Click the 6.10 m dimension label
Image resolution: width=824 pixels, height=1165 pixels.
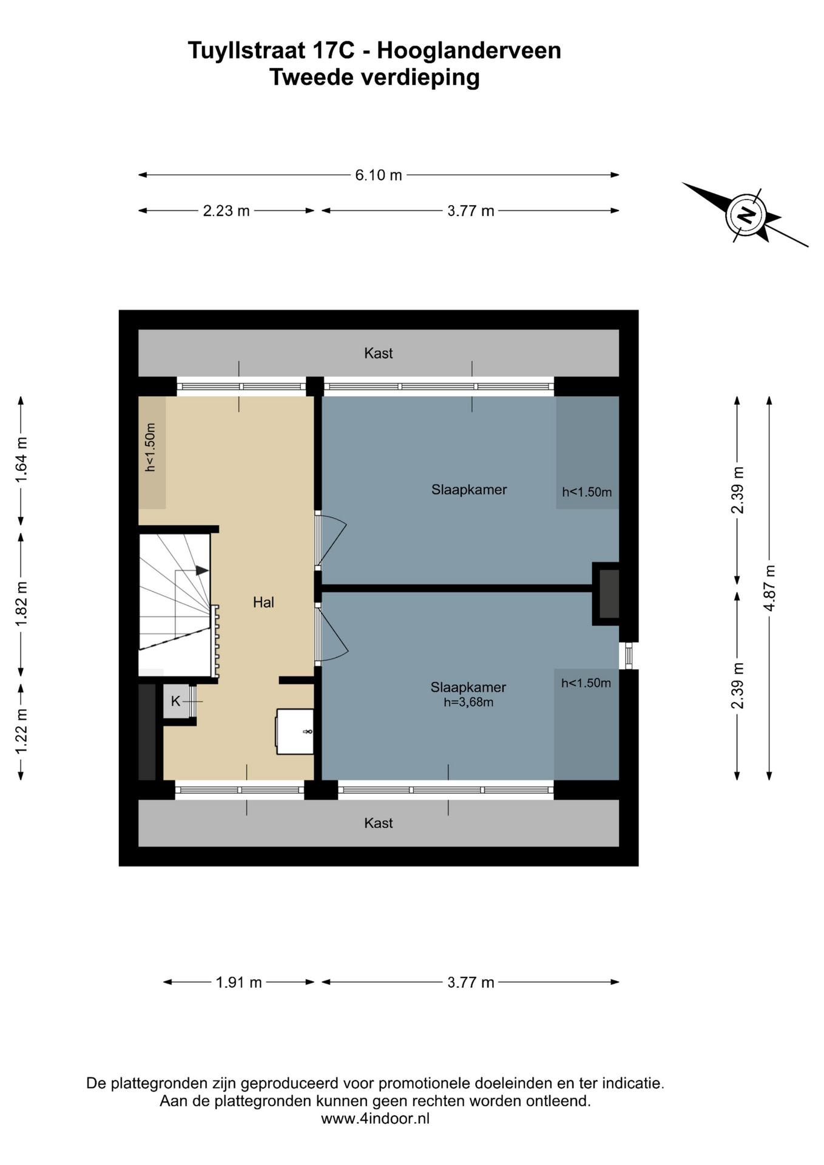378,175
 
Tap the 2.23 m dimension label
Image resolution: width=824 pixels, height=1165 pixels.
226,211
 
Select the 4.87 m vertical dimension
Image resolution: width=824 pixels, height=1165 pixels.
769,588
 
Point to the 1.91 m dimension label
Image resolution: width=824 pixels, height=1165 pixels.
238,982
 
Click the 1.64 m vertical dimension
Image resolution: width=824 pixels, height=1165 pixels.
21,460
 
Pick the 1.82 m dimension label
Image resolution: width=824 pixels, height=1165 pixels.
21,604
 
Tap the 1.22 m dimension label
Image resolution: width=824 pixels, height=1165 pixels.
21,732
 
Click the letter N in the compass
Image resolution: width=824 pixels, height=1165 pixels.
746,215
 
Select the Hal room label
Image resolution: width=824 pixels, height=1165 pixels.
263,603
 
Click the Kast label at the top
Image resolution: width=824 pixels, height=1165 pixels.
378,353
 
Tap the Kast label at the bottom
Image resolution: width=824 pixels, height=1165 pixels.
378,823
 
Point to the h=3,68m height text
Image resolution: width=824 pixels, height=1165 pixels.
468,703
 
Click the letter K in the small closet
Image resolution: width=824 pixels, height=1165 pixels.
175,701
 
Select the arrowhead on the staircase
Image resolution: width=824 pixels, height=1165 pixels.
202,570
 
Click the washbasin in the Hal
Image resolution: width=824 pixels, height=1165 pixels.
295,731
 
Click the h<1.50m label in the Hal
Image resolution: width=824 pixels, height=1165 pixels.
150,447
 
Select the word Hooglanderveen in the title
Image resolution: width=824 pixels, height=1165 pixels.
469,51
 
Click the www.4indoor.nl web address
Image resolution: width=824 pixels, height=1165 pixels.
375,1118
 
